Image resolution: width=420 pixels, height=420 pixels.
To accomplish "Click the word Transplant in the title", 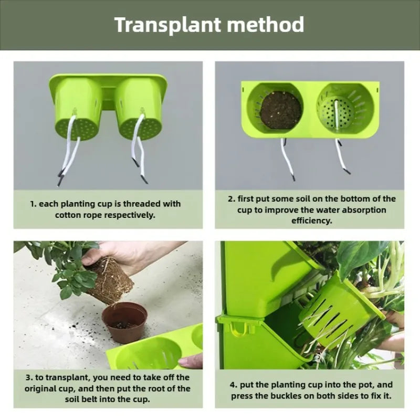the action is point(168,25).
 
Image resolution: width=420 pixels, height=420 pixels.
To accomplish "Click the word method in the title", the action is point(266,24).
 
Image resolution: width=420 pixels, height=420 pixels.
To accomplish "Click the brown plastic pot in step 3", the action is point(125,322).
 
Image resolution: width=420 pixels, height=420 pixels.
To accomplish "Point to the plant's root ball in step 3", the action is point(110,280).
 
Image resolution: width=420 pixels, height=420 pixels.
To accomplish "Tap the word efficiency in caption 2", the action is point(312,220).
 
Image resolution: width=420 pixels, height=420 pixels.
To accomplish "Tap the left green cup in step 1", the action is point(78,109).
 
